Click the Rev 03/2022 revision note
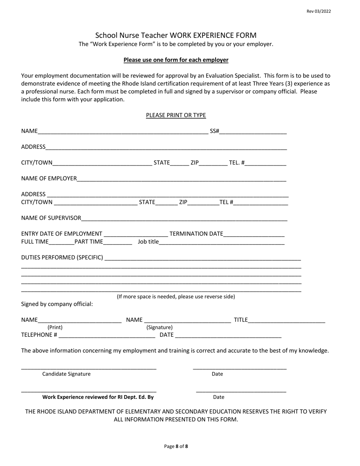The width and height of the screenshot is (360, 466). pos(318,11)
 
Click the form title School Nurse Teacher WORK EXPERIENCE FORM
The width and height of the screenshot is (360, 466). pos(176,35)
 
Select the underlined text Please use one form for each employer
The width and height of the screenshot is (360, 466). pos(176,60)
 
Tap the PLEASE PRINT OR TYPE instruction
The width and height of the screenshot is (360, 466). pos(176,115)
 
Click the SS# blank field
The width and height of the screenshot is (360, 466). pos(253,131)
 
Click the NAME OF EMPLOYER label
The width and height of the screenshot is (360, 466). pos(49,178)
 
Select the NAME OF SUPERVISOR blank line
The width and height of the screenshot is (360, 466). pos(184,218)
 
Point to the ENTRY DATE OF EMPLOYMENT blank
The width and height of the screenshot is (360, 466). pos(135,234)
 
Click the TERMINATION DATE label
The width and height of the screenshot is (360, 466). pos(196,234)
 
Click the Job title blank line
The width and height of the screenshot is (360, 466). pos(221,242)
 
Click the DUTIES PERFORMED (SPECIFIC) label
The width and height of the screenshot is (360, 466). pos(62,258)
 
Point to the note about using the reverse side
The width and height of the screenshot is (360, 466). pos(176,297)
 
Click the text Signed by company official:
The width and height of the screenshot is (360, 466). pos(57,304)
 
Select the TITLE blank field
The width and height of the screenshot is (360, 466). pos(286,320)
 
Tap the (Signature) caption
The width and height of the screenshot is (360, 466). pos(159,327)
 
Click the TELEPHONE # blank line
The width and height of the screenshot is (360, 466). pos(107,335)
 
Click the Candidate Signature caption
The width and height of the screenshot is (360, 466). pos(66,374)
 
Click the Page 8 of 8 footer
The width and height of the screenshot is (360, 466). pos(176,446)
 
